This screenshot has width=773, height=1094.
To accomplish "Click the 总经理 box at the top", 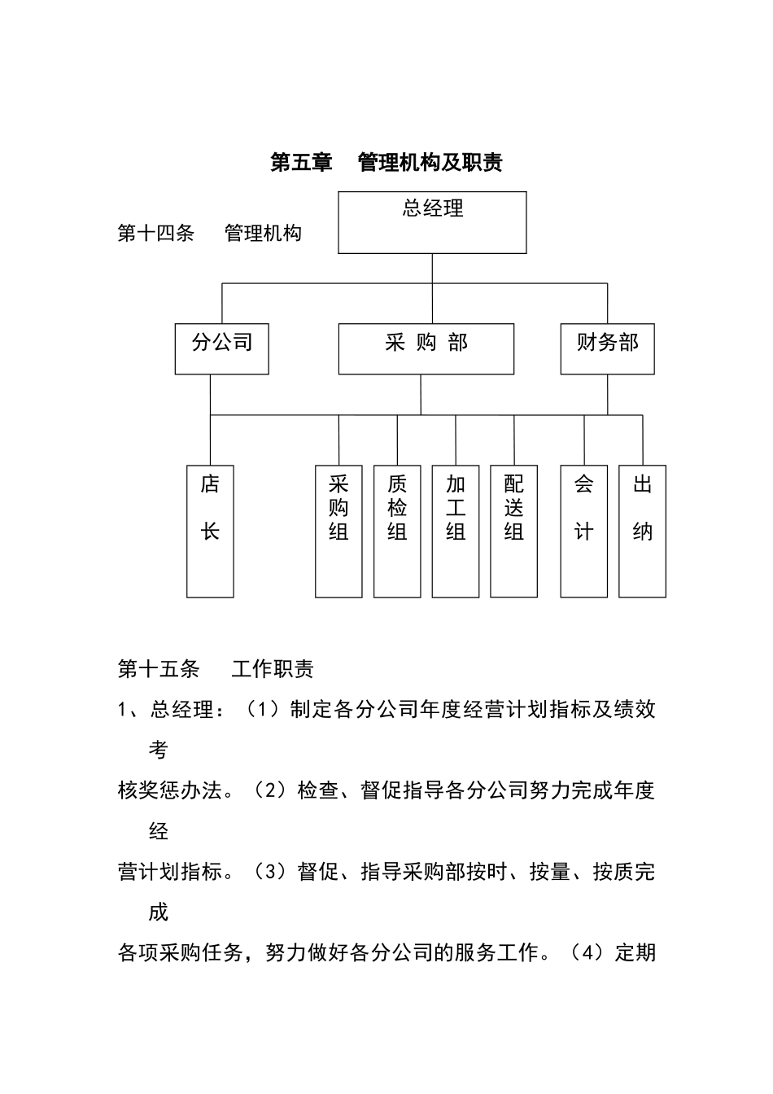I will [x=432, y=222].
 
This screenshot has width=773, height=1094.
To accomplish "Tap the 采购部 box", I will [x=426, y=348].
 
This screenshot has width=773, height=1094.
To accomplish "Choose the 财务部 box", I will [x=607, y=348].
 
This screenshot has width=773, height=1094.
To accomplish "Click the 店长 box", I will [x=210, y=531].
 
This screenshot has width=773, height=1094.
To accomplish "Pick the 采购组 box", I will [x=338, y=531].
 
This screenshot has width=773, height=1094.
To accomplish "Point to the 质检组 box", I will [x=397, y=531].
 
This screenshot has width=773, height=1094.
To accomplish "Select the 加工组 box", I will [x=456, y=531].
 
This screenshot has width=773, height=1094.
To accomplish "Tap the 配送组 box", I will [x=513, y=531].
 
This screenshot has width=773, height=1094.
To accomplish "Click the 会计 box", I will [x=583, y=531].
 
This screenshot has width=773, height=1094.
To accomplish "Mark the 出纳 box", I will [x=642, y=531].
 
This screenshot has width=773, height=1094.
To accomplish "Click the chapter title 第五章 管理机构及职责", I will [x=386, y=163].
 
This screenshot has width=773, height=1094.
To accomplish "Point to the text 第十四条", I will [x=156, y=234].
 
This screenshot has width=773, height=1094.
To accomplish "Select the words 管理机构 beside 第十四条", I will [x=263, y=234].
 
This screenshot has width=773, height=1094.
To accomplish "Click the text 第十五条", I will [x=159, y=669].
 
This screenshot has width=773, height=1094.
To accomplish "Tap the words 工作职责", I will [x=273, y=669].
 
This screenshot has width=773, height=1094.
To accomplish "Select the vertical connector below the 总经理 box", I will [x=432, y=269].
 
